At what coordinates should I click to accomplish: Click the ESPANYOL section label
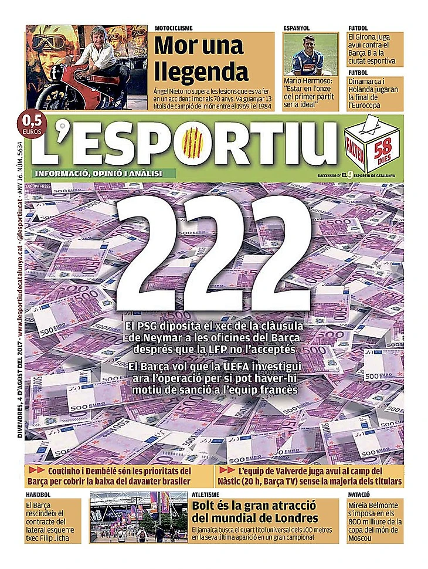[296, 28]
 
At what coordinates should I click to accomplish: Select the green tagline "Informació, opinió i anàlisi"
[97, 173]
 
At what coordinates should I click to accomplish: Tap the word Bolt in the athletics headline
[208, 506]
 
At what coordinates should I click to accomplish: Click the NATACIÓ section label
[361, 495]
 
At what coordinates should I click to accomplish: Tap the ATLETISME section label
[206, 495]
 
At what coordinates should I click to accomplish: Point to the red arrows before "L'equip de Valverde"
[226, 470]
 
